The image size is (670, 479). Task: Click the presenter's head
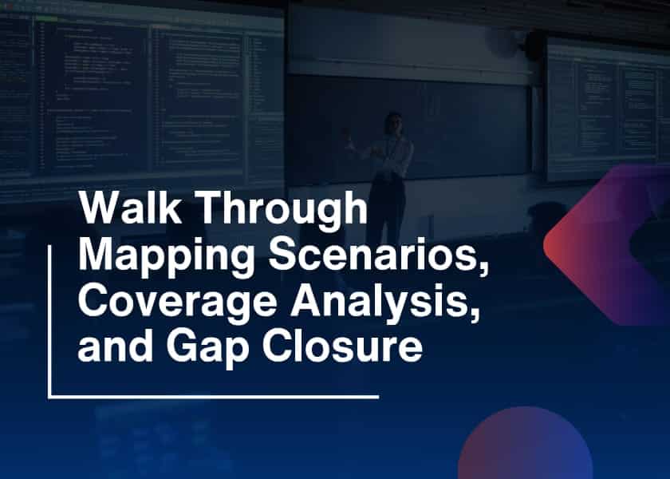click(x=392, y=122)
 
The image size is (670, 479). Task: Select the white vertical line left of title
click(x=49, y=319)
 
